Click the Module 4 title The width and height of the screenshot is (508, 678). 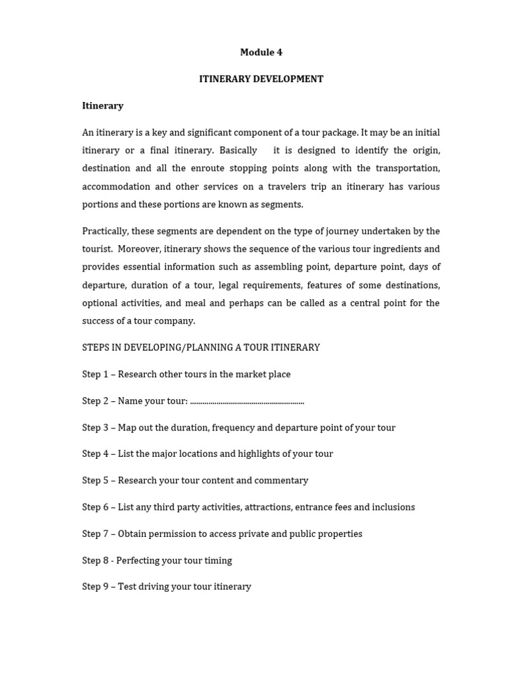(x=261, y=52)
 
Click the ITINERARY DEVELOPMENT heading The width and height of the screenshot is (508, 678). (x=261, y=79)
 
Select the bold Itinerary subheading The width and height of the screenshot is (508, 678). (x=103, y=105)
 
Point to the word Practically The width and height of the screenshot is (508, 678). (x=105, y=231)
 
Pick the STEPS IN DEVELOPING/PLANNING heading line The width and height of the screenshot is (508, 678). (x=200, y=347)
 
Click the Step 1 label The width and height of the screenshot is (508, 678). (x=95, y=374)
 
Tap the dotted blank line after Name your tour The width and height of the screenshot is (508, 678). (x=247, y=401)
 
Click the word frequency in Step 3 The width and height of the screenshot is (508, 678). (x=232, y=428)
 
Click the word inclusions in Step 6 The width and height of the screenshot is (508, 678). (x=393, y=507)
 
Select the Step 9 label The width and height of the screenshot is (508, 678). (x=95, y=587)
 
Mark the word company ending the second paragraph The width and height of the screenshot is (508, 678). (x=174, y=320)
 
